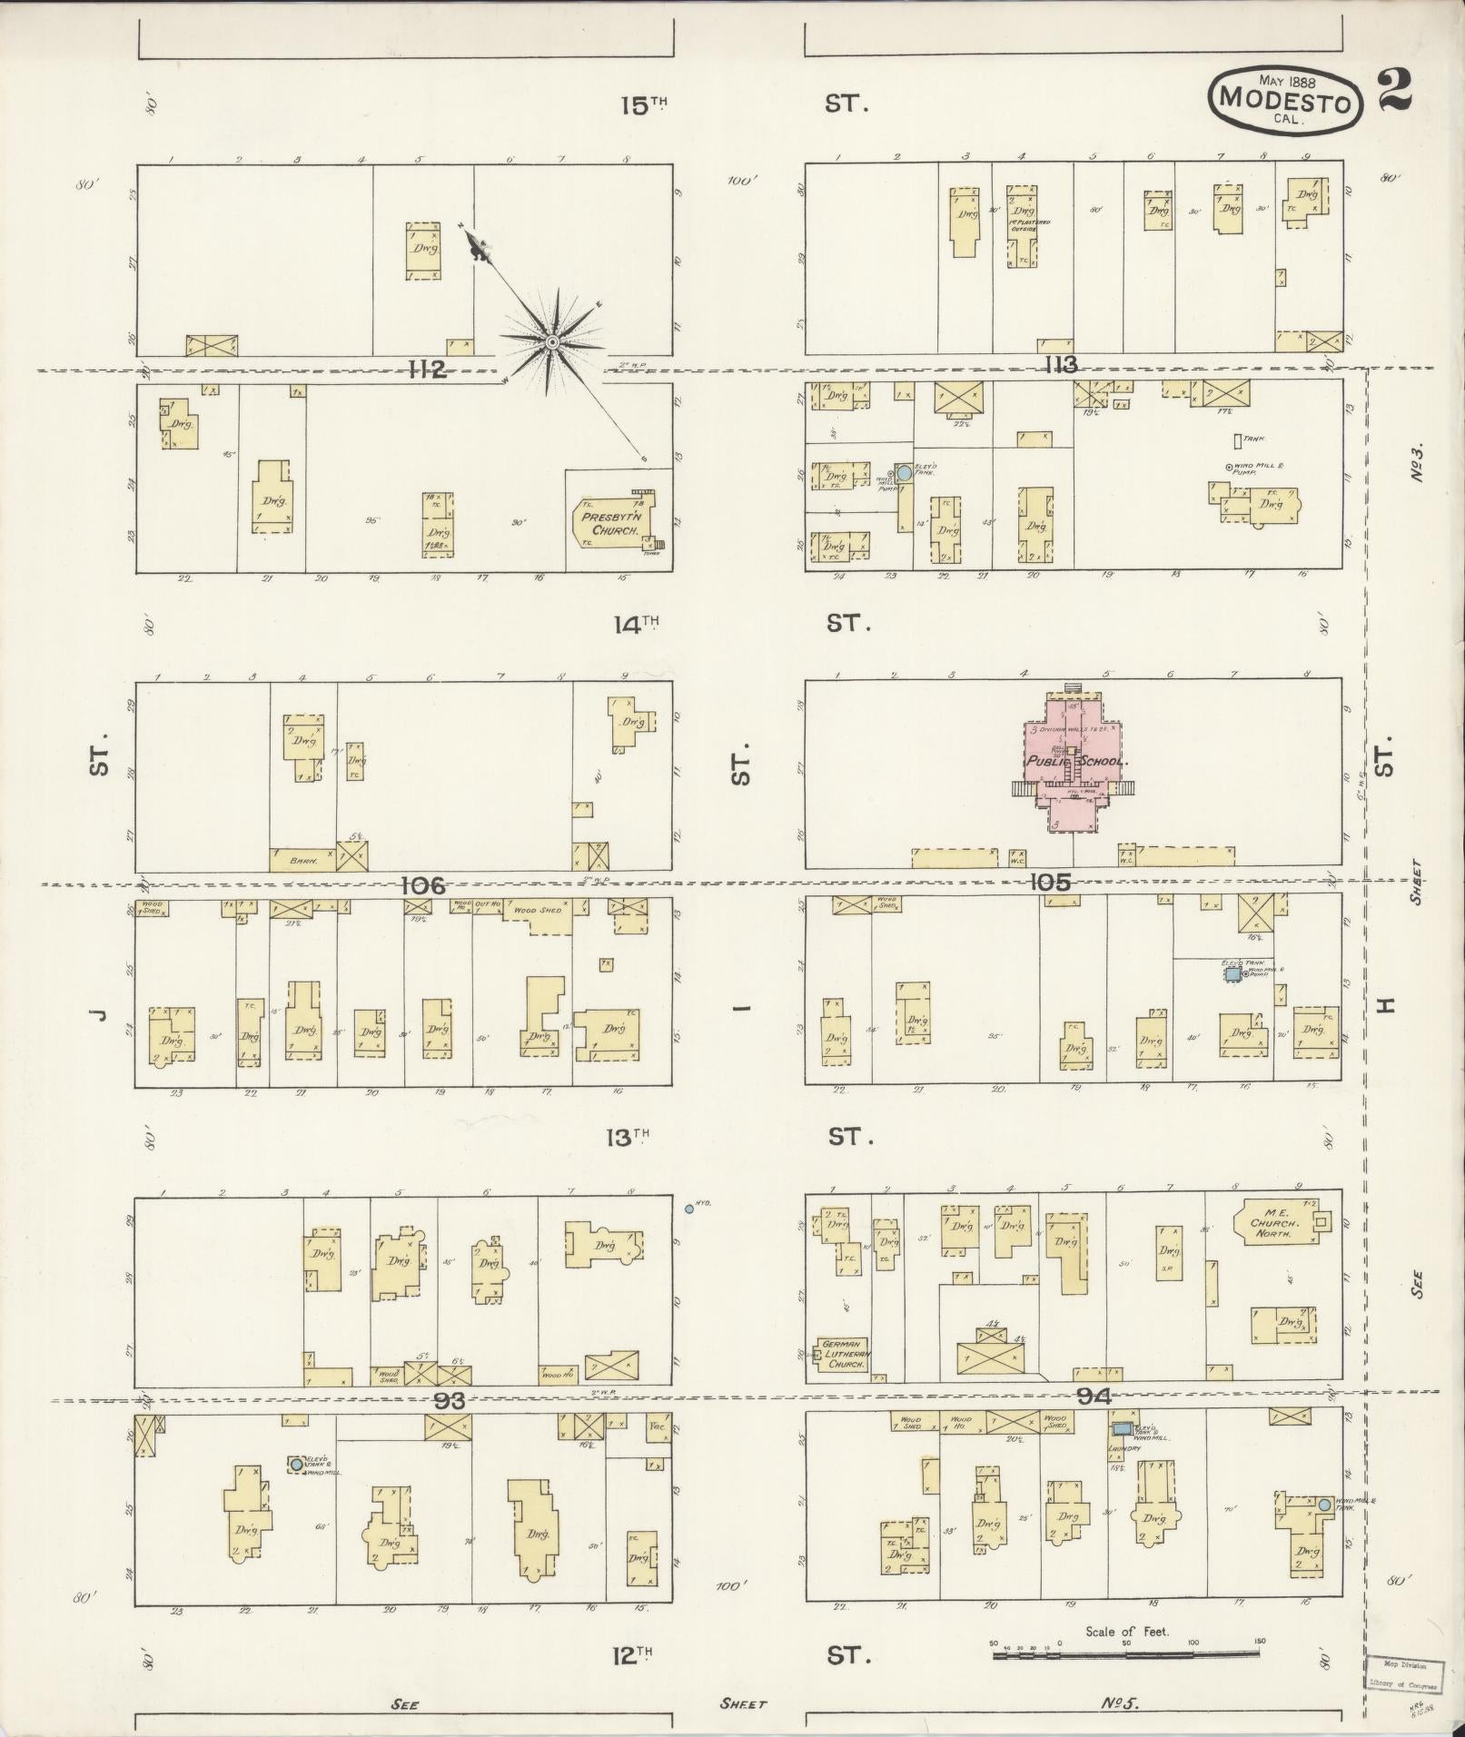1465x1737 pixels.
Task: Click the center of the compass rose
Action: pyautogui.click(x=551, y=341)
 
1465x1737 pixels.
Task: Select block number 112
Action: pyautogui.click(x=427, y=370)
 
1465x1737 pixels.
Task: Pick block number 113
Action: pyautogui.click(x=1060, y=365)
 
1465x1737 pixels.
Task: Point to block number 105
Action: pyautogui.click(x=1051, y=882)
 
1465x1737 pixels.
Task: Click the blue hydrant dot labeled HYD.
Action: pyautogui.click(x=688, y=1209)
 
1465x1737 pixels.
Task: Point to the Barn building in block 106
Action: pyautogui.click(x=302, y=858)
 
